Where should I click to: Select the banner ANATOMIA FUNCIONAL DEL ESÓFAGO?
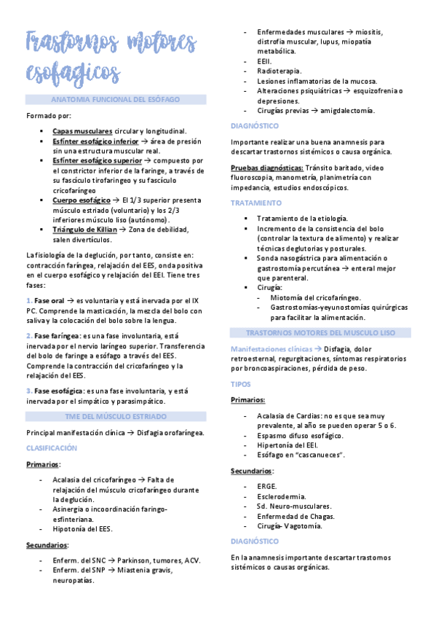click(x=113, y=98)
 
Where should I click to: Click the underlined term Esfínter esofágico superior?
click(x=97, y=160)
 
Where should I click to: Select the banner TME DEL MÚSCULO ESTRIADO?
click(x=113, y=416)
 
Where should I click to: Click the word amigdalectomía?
click(x=344, y=110)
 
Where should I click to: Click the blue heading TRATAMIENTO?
click(x=255, y=203)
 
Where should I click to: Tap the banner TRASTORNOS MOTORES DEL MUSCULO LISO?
click(x=315, y=332)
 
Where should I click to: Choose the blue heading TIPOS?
click(x=241, y=383)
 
